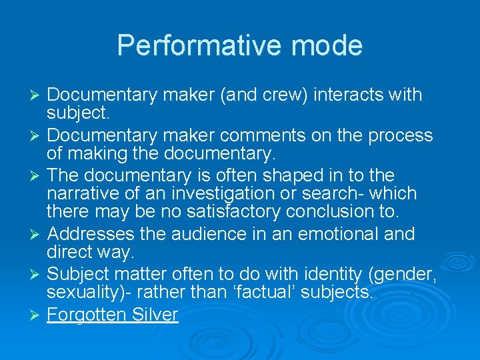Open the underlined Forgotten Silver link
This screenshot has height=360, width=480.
click(x=113, y=314)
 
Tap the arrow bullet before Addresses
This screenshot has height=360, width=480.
click(x=37, y=235)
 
